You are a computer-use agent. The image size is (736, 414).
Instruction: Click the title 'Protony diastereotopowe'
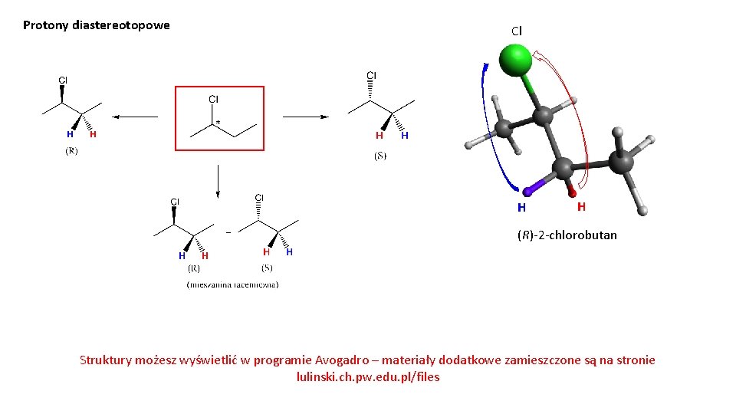coord(97,25)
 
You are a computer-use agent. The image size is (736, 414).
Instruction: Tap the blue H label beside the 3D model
coord(521,207)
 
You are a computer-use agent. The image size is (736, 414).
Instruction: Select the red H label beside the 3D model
coord(581,206)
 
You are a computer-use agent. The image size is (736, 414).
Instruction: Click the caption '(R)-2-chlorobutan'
coord(567,235)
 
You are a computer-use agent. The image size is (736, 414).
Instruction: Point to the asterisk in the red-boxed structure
coord(219,122)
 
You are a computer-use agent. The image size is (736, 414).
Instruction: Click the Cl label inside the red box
coord(214,99)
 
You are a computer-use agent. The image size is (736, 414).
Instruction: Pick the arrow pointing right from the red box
coord(305,117)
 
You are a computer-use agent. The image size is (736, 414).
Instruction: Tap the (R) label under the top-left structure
coord(71,151)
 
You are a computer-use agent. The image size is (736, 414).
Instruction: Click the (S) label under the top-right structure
coord(380,156)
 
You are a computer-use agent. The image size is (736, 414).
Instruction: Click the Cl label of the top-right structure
coord(371,75)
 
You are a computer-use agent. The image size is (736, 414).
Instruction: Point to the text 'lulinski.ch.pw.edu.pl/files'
coord(368,377)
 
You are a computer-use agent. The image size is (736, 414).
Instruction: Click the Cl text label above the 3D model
coord(516,31)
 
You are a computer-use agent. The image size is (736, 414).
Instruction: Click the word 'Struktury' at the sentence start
coord(105,360)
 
